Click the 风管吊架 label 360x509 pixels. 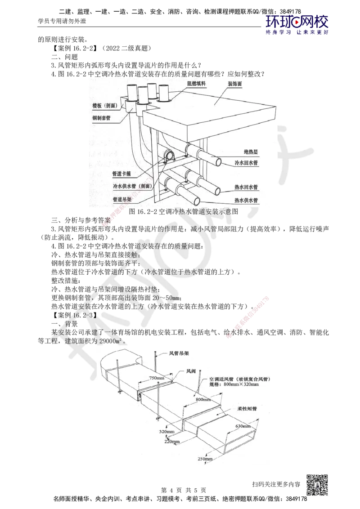pos(178,353)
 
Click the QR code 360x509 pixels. pos(318,484)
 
